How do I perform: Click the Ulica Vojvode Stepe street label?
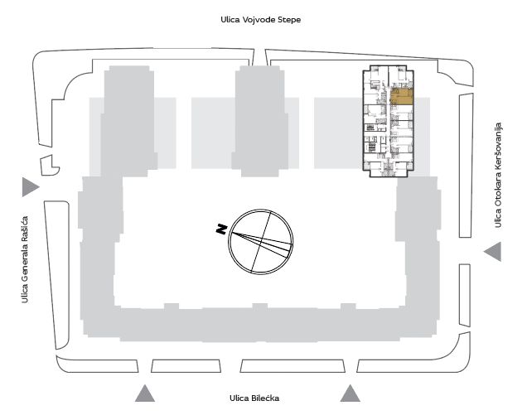(260, 20)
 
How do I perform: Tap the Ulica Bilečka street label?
(254, 398)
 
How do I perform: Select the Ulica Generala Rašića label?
(25, 259)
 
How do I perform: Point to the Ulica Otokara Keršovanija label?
(498, 175)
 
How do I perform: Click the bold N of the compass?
(221, 229)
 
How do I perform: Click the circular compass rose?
(260, 242)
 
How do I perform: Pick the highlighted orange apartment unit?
(402, 96)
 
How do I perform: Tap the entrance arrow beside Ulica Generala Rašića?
(31, 187)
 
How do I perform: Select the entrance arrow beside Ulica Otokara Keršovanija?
(492, 251)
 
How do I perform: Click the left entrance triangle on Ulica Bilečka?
(145, 393)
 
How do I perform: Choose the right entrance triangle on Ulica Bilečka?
(351, 393)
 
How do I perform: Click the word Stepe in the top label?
(289, 20)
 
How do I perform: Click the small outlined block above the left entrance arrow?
(50, 165)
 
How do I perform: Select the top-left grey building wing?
(129, 121)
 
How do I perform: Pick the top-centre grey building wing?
(260, 121)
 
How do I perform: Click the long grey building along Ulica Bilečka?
(259, 324)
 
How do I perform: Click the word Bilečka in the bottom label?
(265, 398)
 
